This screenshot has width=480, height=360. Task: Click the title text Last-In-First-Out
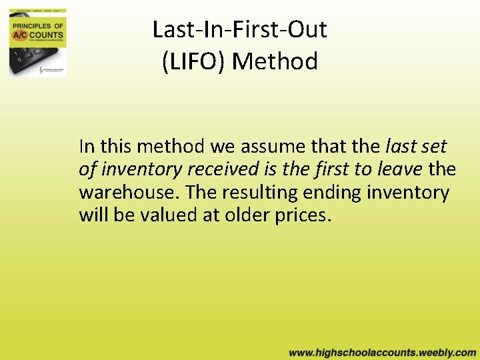click(x=239, y=29)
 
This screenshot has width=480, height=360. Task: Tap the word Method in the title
click(x=275, y=61)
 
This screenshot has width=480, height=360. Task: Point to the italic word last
click(x=400, y=146)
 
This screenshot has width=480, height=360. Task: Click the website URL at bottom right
click(x=382, y=352)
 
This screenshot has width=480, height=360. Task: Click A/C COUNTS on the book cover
click(x=37, y=34)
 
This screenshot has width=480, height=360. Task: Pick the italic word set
click(x=433, y=146)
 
